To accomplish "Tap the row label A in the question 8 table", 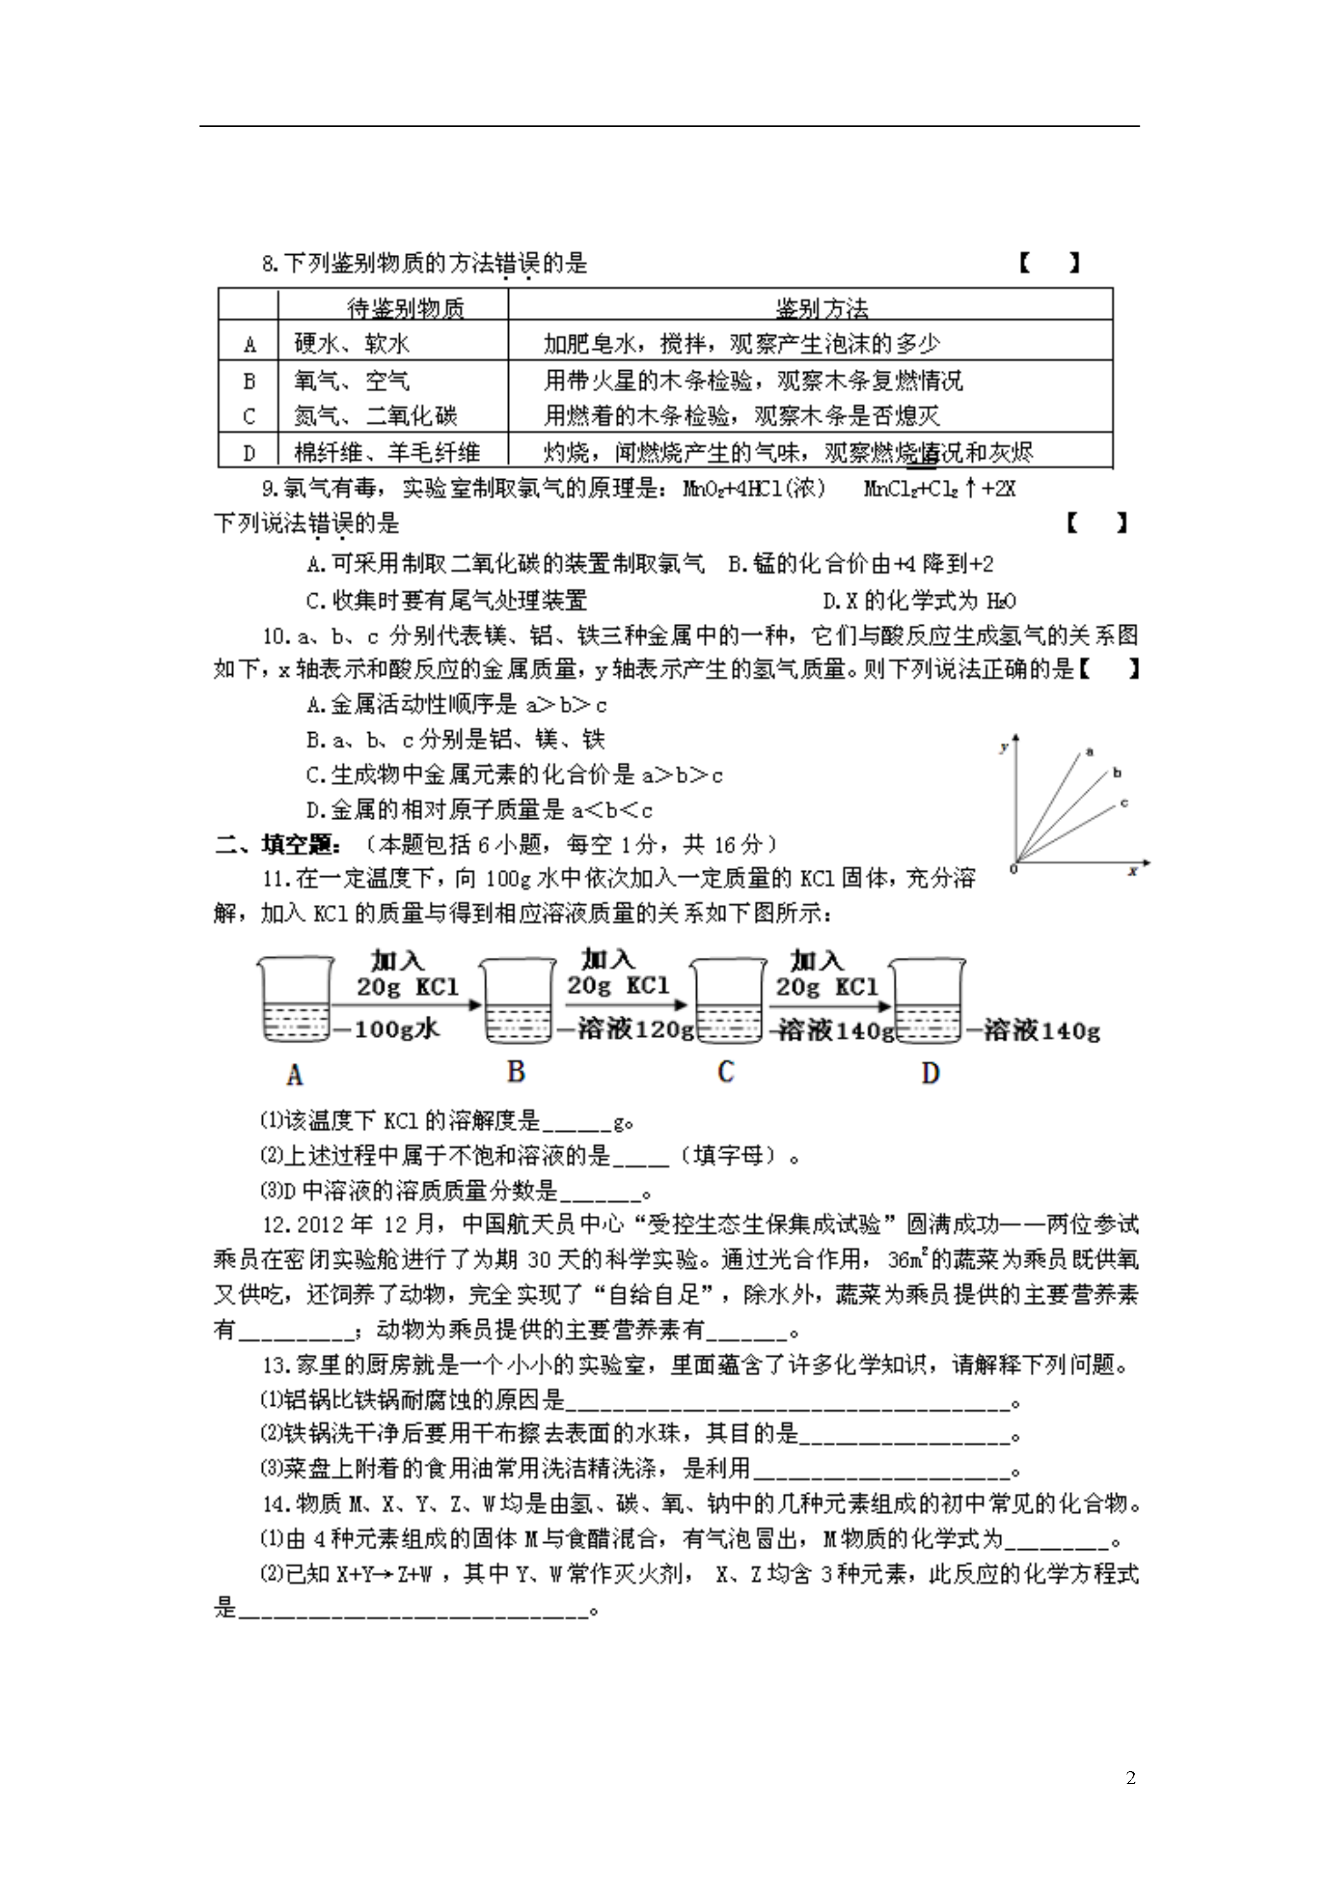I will (x=249, y=344).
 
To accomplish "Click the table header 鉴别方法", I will (x=821, y=308).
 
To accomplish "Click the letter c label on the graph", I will (x=1124, y=802).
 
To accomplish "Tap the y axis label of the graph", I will (x=1004, y=747).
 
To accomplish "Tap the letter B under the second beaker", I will (x=516, y=1071).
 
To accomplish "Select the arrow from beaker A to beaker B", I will (x=406, y=1005).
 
